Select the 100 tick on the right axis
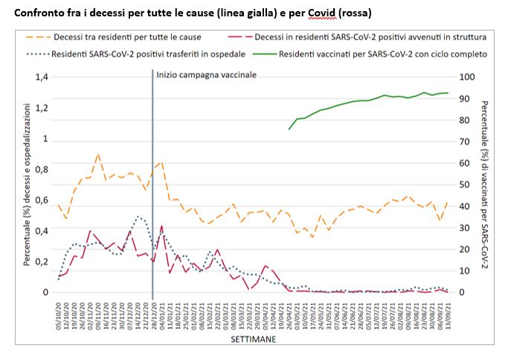[467, 77]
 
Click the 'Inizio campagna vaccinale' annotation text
[206, 75]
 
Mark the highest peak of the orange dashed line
[98, 154]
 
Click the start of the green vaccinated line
[289, 129]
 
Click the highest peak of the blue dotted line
[138, 216]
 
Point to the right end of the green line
[448, 93]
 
